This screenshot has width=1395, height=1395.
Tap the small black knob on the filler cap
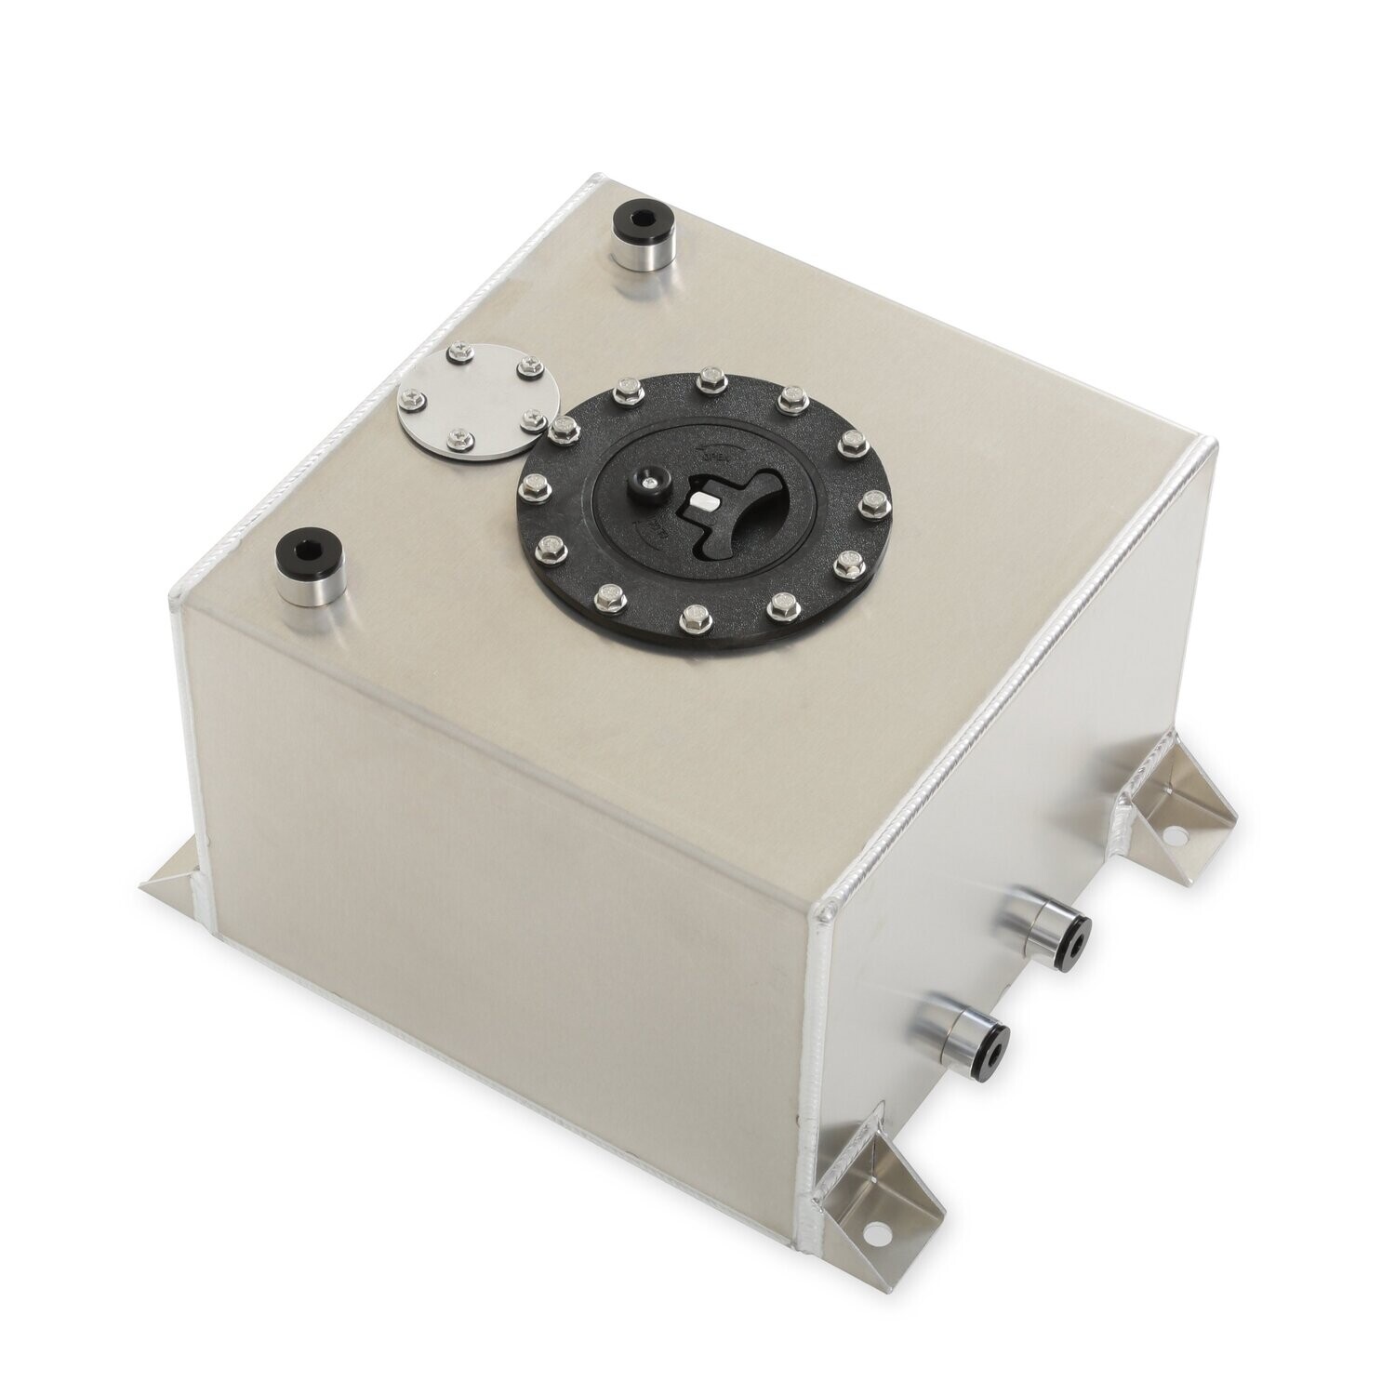point(644,483)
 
